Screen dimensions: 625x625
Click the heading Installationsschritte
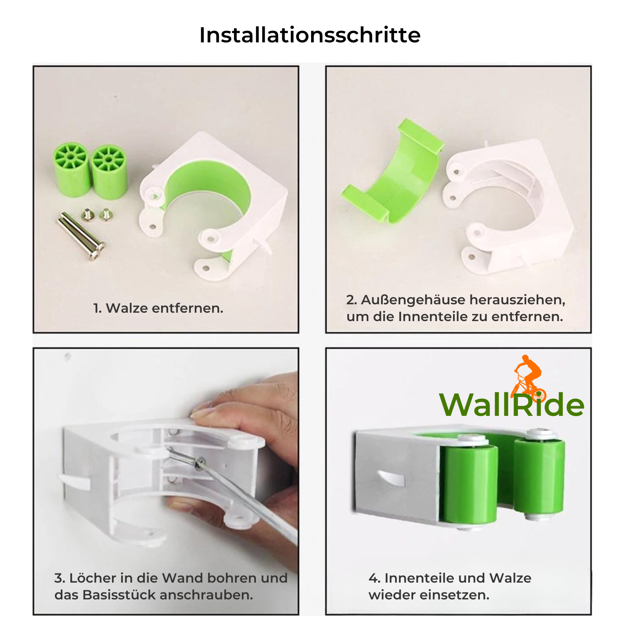310,35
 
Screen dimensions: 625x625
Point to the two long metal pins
81,236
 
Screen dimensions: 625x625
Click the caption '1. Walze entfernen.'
158,308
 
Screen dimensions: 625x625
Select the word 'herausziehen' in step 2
517,300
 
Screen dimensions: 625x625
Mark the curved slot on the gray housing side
391,478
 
